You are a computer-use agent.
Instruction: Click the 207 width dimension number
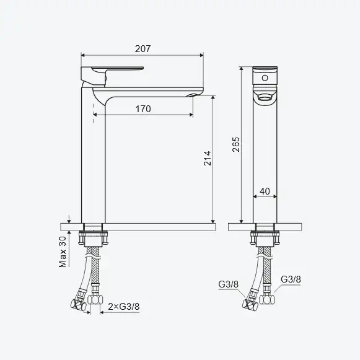tap(143, 49)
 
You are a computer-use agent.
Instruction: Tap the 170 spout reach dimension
tap(143, 109)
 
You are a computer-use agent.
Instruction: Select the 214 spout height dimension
tap(208, 158)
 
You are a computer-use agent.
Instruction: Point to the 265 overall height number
tap(236, 144)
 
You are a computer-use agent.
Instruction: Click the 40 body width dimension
tap(265, 191)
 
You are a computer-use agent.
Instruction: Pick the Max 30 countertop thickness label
tap(63, 252)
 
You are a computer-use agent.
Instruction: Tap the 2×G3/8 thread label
tap(124, 307)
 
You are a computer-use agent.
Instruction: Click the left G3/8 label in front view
tap(228, 284)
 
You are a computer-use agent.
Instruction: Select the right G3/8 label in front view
tap(291, 279)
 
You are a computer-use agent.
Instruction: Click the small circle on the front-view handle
tap(265, 78)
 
